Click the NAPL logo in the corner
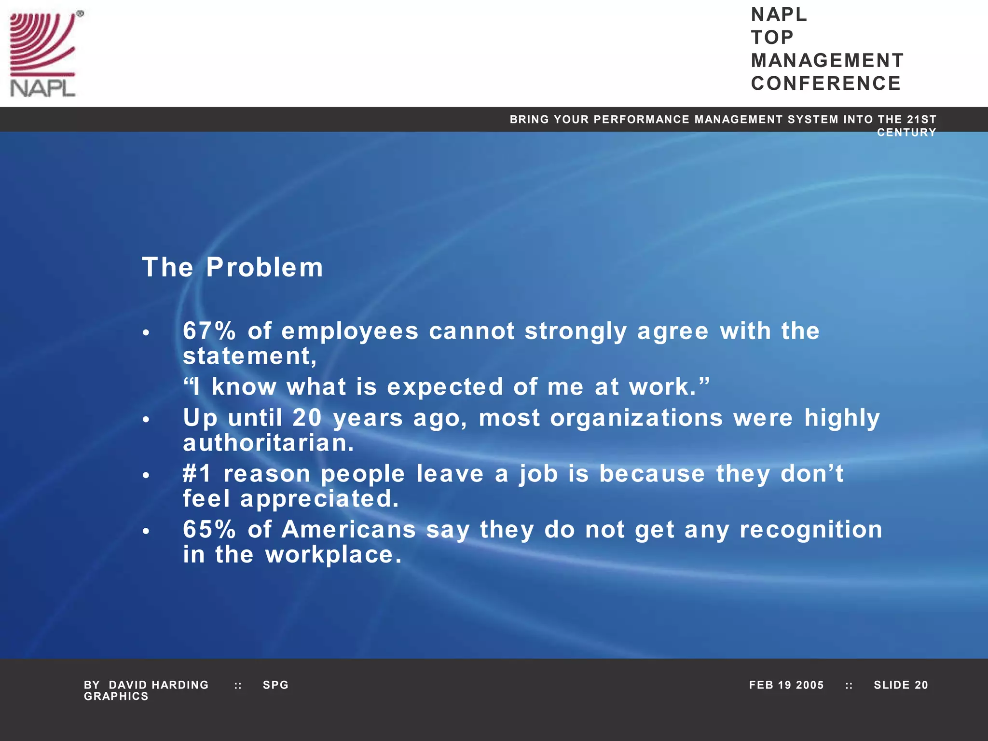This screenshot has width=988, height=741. [x=43, y=54]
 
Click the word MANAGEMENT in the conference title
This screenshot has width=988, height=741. [x=827, y=61]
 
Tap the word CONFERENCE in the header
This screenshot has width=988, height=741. [x=825, y=83]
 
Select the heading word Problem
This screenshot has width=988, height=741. [x=264, y=267]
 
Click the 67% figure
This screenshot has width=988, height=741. [x=209, y=331]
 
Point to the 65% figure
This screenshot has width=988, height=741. [x=209, y=529]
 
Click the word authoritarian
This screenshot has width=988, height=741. [x=268, y=443]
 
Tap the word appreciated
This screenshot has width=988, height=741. [x=319, y=499]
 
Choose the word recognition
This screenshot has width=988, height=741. [x=810, y=529]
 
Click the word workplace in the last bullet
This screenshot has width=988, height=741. [x=333, y=555]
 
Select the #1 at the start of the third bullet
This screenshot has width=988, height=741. [x=197, y=474]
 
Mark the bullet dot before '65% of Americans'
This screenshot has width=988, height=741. [x=146, y=532]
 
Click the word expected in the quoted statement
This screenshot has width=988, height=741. [x=445, y=387]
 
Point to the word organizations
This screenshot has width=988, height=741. [x=636, y=418]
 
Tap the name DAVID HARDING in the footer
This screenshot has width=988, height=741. [x=159, y=685]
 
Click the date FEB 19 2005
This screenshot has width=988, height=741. [x=786, y=685]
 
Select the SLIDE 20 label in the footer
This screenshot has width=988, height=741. [x=901, y=685]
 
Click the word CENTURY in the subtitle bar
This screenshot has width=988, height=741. [x=906, y=133]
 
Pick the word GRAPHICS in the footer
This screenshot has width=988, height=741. [x=116, y=697]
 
